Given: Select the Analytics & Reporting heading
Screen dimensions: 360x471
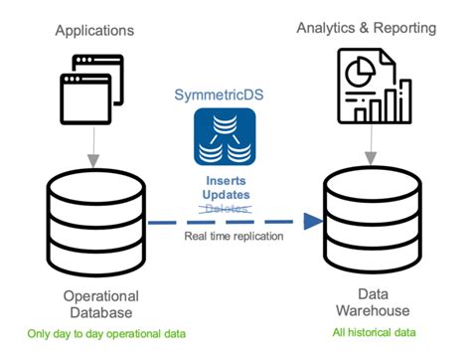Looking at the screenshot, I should click(x=367, y=27).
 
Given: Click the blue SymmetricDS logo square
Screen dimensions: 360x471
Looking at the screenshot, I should click(x=225, y=137).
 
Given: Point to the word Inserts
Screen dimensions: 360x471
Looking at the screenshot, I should click(x=225, y=181).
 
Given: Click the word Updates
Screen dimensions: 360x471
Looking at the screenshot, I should click(x=225, y=195).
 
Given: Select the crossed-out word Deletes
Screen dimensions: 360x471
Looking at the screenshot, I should click(x=225, y=209).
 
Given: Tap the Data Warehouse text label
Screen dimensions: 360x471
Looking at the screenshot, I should click(x=375, y=303).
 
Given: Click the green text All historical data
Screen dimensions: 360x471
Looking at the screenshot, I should click(x=375, y=331).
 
